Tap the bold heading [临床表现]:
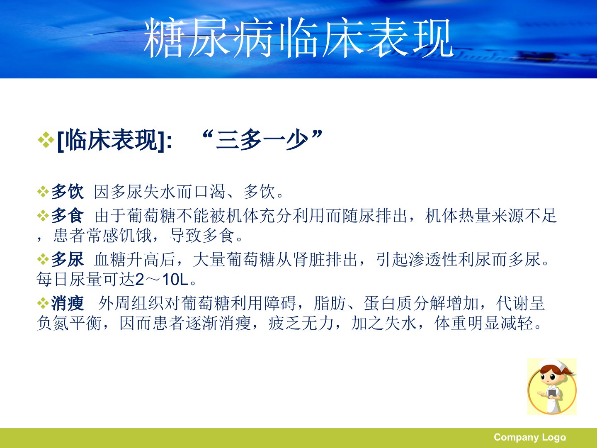coord(115,141)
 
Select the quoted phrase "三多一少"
coord(263,140)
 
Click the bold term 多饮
coord(68,192)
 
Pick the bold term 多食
coord(68,216)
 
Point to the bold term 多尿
coord(68,259)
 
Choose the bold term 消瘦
coord(68,303)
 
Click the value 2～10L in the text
coord(162,279)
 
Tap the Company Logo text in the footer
coord(530,437)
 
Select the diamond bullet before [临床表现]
coord(46,140)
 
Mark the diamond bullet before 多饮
coord(43,192)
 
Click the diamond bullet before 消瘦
coord(43,303)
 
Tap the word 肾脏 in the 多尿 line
coord(309,259)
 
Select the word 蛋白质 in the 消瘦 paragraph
coord(388,303)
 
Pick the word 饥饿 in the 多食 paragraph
coord(136,235)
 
